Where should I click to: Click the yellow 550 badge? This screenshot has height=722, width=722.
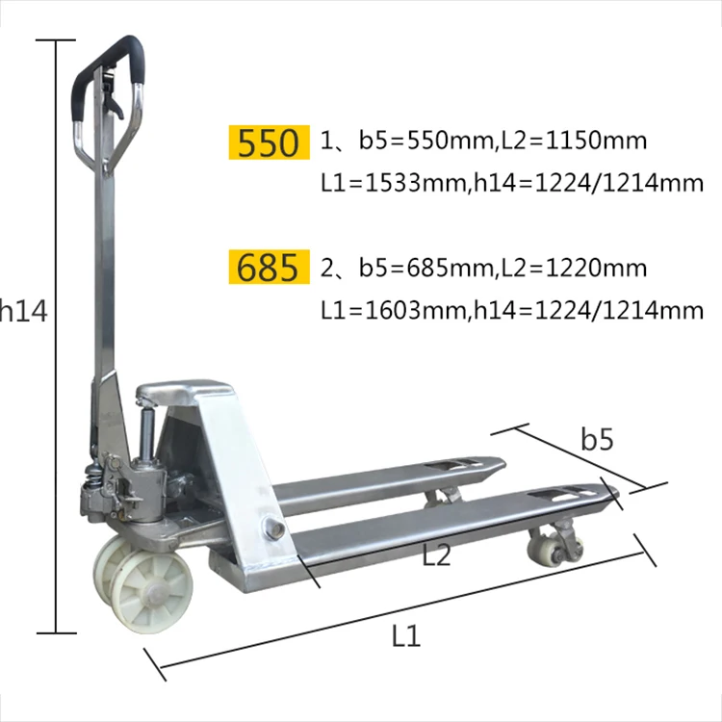coord(269,142)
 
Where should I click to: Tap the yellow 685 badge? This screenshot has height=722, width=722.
coord(269,267)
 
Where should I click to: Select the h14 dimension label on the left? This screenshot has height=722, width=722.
coord(23,310)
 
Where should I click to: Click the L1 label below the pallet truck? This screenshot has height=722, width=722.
coord(405,635)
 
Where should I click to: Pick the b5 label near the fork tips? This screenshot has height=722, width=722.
coord(597,440)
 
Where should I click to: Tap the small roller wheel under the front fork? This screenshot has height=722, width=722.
coord(545,548)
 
